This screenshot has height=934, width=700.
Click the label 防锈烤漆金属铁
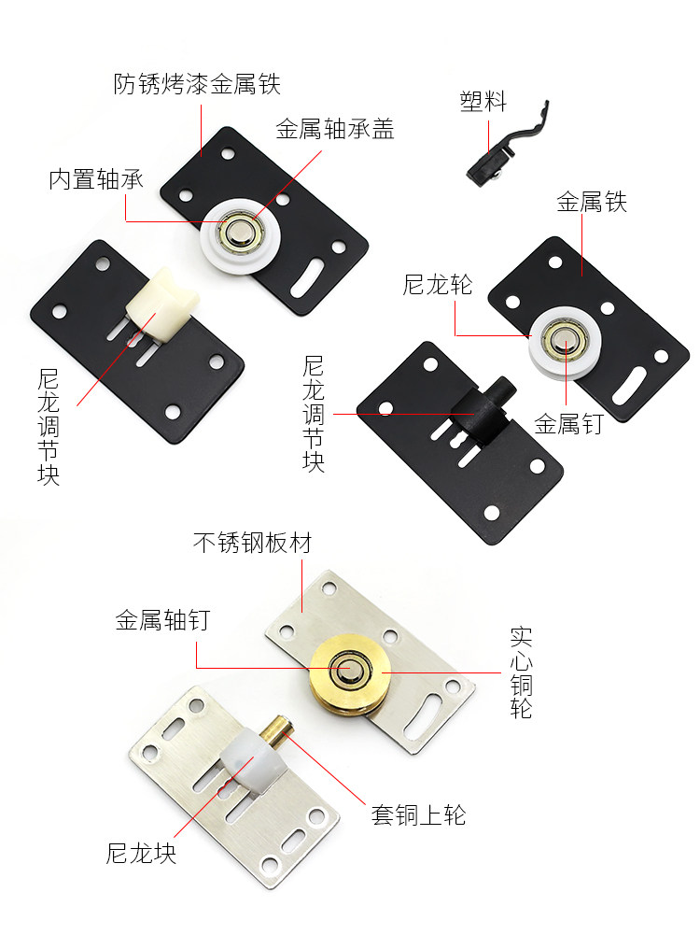pos(197,85)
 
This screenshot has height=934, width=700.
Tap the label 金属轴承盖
pos(335,129)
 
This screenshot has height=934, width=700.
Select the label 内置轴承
pos(96,179)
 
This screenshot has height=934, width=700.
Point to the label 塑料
pos(483,101)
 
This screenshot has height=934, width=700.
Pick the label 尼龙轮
pos(438,285)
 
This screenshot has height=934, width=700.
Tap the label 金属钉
pos(569,424)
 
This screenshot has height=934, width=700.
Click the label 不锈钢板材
pos(252,543)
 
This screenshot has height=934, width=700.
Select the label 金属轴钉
pos(163,620)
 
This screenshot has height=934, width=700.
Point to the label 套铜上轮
pos(418,814)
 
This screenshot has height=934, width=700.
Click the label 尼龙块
pos(141,853)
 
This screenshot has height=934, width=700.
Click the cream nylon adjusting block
pos(161,304)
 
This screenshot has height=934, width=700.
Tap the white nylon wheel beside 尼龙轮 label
pos(565,344)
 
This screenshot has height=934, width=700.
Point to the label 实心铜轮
pos(522,672)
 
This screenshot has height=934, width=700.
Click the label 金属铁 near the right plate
pos(593,202)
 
